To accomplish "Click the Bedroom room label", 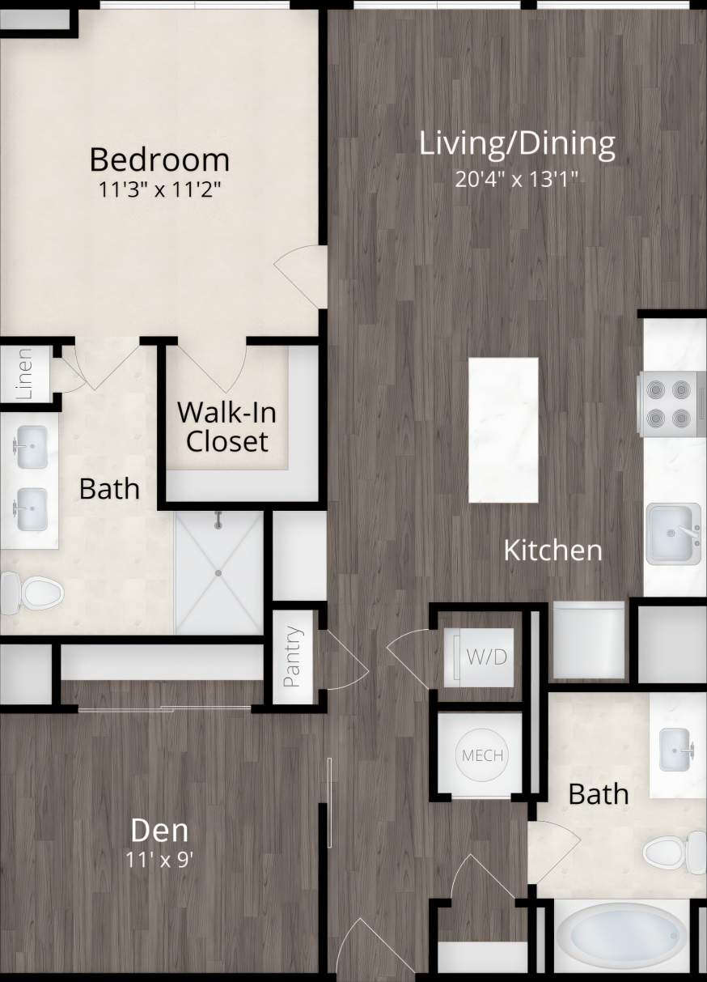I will click(x=159, y=159).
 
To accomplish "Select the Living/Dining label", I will click(x=517, y=143).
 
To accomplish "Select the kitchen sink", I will click(x=672, y=534).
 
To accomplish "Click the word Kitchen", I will click(x=552, y=551).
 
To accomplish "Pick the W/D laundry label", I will click(x=487, y=657).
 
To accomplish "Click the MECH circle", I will click(x=482, y=756).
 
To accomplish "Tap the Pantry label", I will click(x=293, y=657).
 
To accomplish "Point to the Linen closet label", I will click(x=25, y=374).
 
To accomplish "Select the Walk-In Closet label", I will click(x=226, y=427).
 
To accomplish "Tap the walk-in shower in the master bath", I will click(x=219, y=572).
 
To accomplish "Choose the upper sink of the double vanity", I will click(x=31, y=446).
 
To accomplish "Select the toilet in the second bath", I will click(x=675, y=851).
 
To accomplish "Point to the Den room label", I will click(x=160, y=830).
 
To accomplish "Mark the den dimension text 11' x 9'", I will click(x=160, y=859).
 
